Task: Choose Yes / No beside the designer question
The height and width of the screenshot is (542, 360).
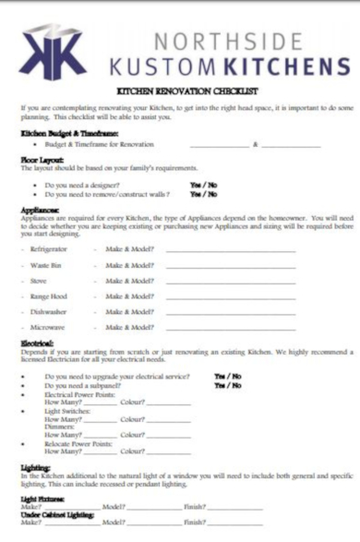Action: (204, 184)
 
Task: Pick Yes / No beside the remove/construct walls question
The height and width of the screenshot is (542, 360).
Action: (204, 194)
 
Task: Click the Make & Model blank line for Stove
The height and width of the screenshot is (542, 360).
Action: (230, 281)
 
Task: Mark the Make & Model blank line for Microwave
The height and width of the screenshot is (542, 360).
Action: (230, 328)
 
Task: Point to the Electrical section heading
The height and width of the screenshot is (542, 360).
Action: (38, 343)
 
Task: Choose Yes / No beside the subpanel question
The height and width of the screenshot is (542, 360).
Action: (227, 385)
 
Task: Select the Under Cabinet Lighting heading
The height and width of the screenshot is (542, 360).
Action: (59, 514)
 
